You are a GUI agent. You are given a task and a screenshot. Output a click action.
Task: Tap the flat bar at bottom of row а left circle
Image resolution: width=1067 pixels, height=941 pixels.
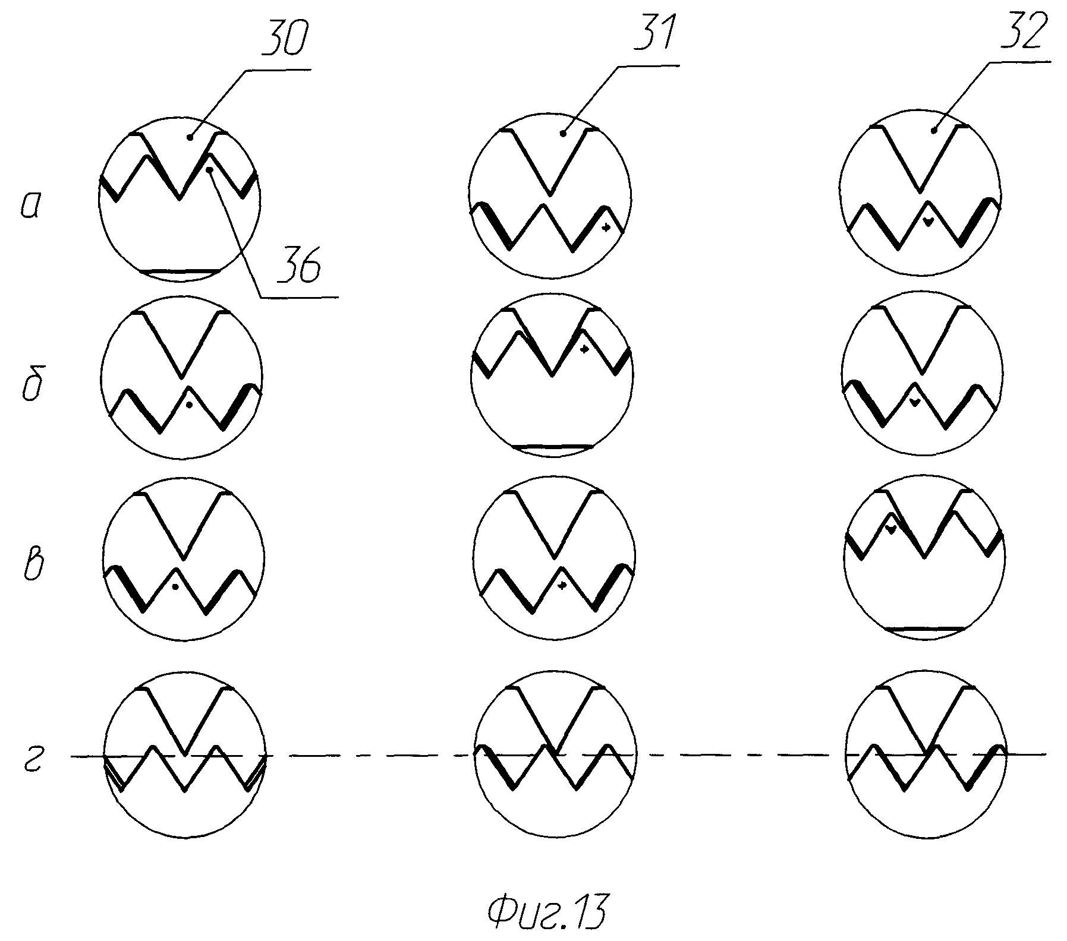(180, 271)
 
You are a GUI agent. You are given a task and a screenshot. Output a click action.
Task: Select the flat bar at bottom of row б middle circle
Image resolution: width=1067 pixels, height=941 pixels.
(552, 446)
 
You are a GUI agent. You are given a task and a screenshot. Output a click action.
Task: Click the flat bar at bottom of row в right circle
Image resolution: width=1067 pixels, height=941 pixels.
(924, 628)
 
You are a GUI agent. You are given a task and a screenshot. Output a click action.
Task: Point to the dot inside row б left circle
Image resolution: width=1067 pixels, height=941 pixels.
(189, 405)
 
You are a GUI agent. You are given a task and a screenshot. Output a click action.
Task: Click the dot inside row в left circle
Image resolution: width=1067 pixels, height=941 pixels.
(175, 587)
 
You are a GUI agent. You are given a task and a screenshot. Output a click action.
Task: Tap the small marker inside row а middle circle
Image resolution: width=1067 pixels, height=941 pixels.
(606, 228)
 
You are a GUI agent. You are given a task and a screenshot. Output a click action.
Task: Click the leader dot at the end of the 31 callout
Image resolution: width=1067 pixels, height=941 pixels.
(563, 135)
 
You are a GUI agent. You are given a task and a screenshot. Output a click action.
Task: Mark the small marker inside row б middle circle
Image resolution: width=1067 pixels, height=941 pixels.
(584, 349)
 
